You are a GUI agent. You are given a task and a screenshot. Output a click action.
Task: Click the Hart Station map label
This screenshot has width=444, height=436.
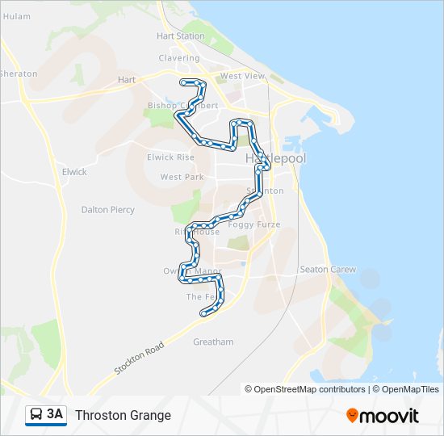[181, 36]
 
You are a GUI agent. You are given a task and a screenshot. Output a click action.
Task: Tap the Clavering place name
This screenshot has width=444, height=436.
[179, 58]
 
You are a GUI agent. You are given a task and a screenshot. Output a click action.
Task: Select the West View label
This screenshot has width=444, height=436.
[242, 77]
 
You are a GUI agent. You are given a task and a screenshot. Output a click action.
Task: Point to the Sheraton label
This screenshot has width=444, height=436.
[19, 74]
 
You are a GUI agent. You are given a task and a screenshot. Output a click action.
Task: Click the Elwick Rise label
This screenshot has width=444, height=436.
[170, 157]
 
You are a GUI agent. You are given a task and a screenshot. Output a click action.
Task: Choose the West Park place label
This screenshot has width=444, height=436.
[182, 177]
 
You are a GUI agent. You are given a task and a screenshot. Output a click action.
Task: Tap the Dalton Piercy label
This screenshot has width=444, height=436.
[108, 210]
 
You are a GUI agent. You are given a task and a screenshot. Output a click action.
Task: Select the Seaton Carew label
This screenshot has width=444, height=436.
[328, 270]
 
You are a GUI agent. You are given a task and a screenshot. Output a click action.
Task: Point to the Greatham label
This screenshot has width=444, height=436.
[213, 342]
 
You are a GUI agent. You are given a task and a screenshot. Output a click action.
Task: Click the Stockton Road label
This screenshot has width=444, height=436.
[139, 358]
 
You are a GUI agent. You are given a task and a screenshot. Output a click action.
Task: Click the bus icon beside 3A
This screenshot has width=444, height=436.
[36, 415]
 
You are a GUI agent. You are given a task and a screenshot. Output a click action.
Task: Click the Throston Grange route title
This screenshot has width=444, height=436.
[123, 416]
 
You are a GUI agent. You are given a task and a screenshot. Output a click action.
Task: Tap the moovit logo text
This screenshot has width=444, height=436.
[391, 416]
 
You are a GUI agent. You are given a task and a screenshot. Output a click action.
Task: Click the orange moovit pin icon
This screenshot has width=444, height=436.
[353, 416]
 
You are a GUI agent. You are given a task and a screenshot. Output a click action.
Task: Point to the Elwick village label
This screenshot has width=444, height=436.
[74, 172]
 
